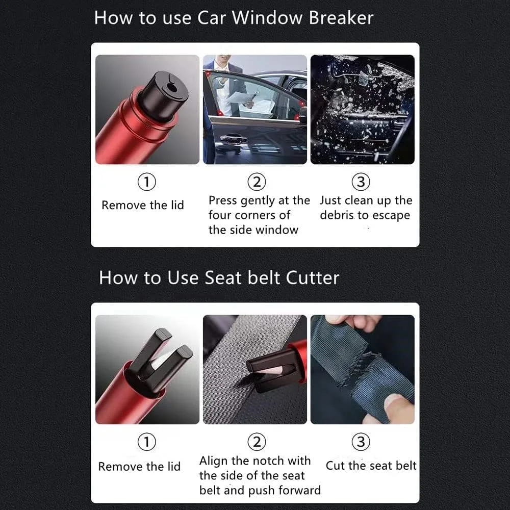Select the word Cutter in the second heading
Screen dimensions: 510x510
coord(312,278)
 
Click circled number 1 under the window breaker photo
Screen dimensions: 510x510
coord(147,182)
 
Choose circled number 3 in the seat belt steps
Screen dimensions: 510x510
coord(361,442)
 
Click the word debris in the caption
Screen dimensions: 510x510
coord(337,215)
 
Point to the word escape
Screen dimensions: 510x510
coord(390,216)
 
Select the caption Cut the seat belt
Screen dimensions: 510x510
coord(371,466)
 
